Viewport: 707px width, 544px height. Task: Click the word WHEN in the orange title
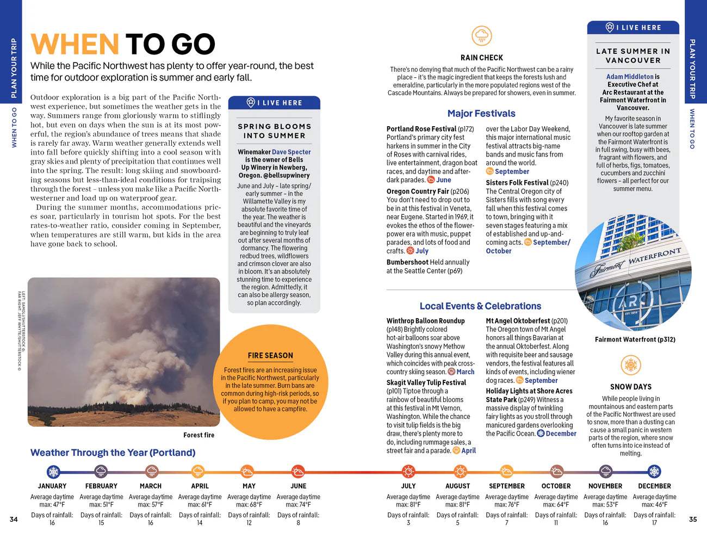click(x=75, y=44)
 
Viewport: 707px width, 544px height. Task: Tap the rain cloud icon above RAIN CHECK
click(x=481, y=36)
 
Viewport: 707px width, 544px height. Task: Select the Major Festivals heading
click(x=481, y=113)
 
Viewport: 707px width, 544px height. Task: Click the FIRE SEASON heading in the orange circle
click(x=270, y=355)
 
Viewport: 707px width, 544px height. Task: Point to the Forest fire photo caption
click(x=199, y=435)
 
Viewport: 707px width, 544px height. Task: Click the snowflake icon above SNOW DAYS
click(x=631, y=364)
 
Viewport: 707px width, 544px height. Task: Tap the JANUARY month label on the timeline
click(x=52, y=486)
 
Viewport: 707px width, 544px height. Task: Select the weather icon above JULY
click(x=408, y=471)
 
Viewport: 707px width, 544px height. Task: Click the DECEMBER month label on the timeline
click(x=654, y=486)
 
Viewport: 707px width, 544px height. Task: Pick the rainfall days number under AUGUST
click(x=457, y=523)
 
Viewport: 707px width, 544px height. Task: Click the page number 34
click(x=14, y=519)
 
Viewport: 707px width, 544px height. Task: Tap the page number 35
click(x=692, y=519)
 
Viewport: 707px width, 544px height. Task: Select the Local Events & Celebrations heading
click(x=480, y=306)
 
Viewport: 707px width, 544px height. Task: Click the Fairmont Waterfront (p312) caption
click(x=635, y=339)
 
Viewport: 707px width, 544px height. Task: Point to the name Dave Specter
click(x=292, y=152)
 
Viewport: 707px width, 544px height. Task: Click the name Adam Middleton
click(x=630, y=77)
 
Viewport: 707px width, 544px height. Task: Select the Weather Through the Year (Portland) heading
click(x=113, y=453)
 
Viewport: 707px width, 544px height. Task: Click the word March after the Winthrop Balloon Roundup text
click(x=466, y=372)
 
